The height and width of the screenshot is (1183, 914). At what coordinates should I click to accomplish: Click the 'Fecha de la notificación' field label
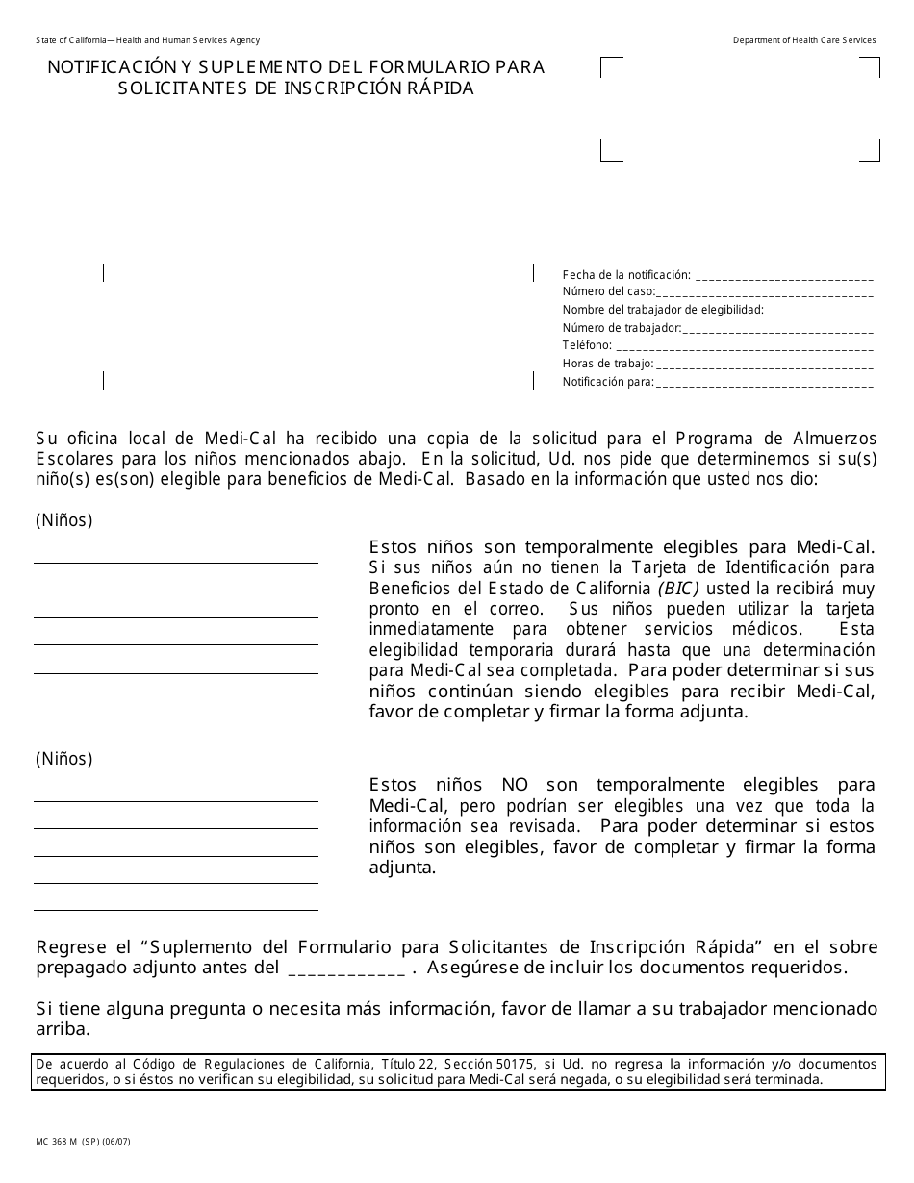626,275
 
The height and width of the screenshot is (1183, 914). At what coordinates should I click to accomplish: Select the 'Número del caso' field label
608,292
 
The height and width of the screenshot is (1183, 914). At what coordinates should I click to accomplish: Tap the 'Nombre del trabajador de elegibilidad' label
663,310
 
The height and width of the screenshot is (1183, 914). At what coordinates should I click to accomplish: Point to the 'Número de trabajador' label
622,328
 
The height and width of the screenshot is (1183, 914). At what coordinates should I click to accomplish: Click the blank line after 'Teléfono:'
743,346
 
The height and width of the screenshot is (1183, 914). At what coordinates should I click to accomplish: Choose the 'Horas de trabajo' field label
608,364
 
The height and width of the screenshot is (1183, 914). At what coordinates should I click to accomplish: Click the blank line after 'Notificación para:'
764,383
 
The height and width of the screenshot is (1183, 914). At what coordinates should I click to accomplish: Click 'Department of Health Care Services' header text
804,40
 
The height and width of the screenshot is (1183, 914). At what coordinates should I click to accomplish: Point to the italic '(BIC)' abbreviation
679,589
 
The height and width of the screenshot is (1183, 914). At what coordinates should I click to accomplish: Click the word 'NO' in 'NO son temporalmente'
515,785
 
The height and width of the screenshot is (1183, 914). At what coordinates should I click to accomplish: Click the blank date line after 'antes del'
346,969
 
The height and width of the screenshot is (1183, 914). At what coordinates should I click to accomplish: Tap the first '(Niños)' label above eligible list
63,520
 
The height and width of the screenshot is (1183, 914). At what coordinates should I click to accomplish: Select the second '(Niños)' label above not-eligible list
63,759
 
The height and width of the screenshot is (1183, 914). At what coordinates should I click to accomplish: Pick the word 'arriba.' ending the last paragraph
63,1029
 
